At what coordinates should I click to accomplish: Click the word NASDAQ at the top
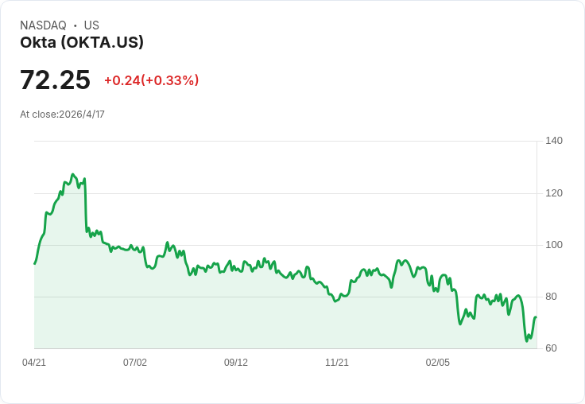tap(43, 25)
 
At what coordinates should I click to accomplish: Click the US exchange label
tap(91, 25)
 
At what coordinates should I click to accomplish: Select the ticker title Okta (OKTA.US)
tap(82, 43)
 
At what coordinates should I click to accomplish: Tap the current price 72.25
tap(55, 80)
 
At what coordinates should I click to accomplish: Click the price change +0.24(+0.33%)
tap(151, 80)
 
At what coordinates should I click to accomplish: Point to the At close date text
tap(62, 114)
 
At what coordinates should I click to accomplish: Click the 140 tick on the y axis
tap(554, 141)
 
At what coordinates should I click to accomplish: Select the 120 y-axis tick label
tap(554, 193)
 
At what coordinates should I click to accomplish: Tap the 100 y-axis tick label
tap(554, 245)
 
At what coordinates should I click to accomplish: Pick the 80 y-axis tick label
tap(551, 297)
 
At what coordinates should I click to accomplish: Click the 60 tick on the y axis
tap(551, 348)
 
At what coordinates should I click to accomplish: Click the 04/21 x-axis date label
tap(34, 363)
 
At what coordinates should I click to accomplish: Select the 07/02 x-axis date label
tap(135, 363)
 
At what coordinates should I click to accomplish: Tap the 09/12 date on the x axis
tap(236, 363)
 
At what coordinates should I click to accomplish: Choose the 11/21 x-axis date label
tap(337, 363)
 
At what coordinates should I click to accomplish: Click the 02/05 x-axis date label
tap(438, 363)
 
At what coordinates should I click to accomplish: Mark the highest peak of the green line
tap(73, 174)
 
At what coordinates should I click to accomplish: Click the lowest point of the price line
tap(527, 341)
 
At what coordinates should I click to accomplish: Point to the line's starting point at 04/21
tap(34, 263)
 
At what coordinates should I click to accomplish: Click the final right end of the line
tap(537, 317)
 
